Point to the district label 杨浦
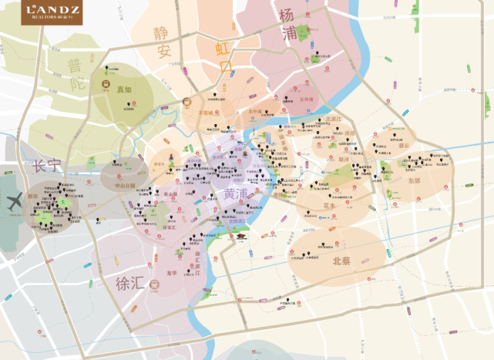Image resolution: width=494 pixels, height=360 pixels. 288,24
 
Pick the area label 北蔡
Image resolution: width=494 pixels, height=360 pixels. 341,261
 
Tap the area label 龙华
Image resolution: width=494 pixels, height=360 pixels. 172,272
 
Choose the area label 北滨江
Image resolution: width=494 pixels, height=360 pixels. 333,119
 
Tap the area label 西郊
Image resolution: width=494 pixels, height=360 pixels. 34,197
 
